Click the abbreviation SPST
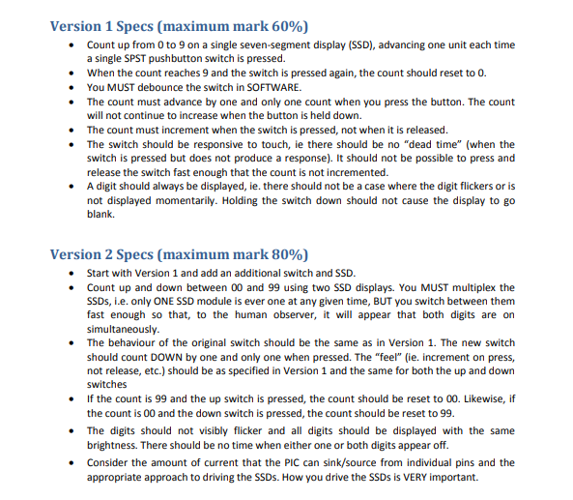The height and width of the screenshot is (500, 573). (x=146, y=58)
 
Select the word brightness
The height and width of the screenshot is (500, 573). (x=116, y=445)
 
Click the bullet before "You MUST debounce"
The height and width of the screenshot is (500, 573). (x=74, y=87)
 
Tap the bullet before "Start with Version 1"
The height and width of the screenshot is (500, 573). (x=74, y=274)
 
